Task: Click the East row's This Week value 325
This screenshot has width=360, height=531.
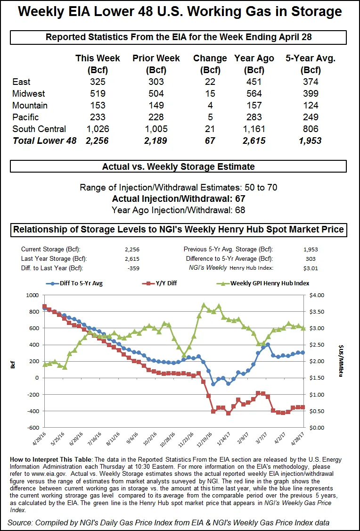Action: point(97,82)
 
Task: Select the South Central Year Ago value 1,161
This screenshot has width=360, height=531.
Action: point(254,129)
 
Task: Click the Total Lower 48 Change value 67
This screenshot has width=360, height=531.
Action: point(210,141)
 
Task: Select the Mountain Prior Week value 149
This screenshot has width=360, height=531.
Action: point(155,105)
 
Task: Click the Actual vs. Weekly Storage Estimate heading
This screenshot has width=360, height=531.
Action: point(178,166)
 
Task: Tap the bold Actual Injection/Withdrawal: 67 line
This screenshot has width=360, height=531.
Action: point(179,199)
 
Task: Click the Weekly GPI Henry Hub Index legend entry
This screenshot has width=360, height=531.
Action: point(264,283)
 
